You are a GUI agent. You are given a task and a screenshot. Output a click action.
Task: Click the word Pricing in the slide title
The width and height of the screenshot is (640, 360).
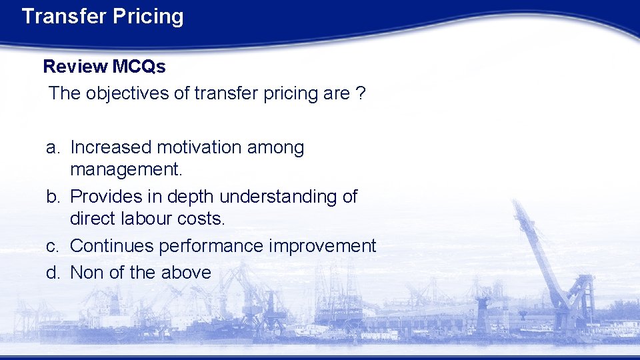pyautogui.click(x=147, y=16)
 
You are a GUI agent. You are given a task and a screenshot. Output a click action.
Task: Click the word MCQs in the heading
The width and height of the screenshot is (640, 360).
pyautogui.click(x=139, y=66)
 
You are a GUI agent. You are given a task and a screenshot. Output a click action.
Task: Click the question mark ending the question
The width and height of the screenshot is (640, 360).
pyautogui.click(x=360, y=93)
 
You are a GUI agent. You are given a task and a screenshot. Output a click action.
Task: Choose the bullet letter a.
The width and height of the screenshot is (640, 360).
pyautogui.click(x=52, y=147)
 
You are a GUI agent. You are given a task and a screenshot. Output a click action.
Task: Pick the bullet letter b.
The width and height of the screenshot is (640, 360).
pyautogui.click(x=52, y=197)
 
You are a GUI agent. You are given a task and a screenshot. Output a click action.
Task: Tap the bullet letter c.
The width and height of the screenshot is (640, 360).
pyautogui.click(x=52, y=246)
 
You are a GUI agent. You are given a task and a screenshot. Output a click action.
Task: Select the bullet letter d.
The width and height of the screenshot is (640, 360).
pyautogui.click(x=52, y=273)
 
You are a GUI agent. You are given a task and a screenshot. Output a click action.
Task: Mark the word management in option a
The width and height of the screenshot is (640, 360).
pyautogui.click(x=125, y=169)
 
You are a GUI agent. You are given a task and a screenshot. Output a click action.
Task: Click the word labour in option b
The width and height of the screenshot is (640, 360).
pyautogui.click(x=150, y=219)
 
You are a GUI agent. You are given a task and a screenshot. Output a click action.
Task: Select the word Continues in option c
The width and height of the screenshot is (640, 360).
pyautogui.click(x=111, y=246)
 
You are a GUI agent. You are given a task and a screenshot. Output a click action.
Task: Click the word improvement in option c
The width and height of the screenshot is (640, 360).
pyautogui.click(x=322, y=246)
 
